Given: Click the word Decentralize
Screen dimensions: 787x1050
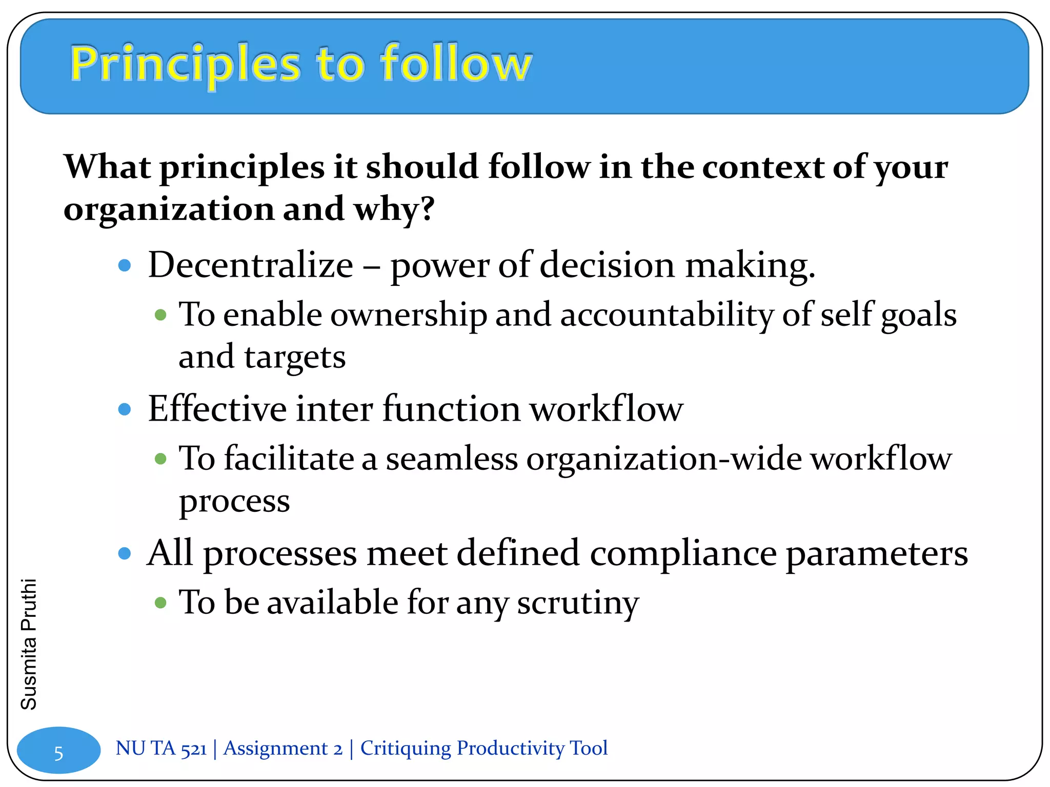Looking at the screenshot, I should pyautogui.click(x=250, y=265).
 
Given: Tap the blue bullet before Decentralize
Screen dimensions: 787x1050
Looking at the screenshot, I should pyautogui.click(x=125, y=265).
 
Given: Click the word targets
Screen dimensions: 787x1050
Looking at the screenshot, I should pyautogui.click(x=295, y=357).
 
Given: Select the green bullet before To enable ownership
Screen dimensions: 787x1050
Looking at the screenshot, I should pyautogui.click(x=160, y=315).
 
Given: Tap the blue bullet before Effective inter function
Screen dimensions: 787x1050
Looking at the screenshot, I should pyautogui.click(x=125, y=409).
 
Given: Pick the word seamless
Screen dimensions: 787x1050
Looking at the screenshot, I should pyautogui.click(x=452, y=458).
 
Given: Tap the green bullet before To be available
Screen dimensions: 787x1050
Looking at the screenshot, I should pyautogui.click(x=160, y=603).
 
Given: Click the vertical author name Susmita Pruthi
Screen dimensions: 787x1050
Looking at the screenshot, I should pyautogui.click(x=29, y=644).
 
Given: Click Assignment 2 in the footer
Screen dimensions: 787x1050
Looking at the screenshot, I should pyautogui.click(x=282, y=749).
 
